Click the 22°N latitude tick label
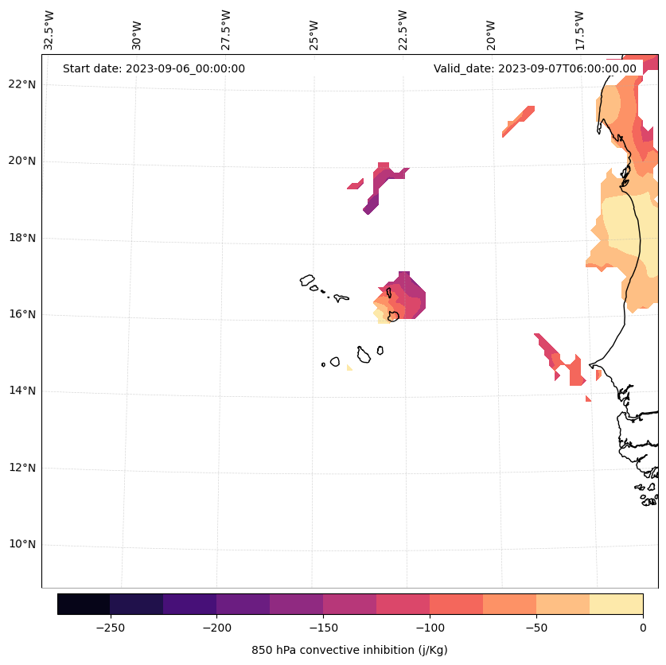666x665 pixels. point(22,84)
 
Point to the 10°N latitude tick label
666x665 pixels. point(22,545)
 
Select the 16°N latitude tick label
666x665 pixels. point(22,314)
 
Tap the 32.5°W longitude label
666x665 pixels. point(49,30)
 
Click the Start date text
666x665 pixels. point(154,68)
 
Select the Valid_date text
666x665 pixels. point(535,68)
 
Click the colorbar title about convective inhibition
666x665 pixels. point(349,650)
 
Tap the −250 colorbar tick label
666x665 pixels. point(110,627)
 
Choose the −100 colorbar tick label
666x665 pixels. point(430,627)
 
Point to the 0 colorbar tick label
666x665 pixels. point(643,627)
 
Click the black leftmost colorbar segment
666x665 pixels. point(84,604)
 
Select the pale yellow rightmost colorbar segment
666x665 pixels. point(616,604)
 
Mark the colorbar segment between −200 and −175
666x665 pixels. point(243,604)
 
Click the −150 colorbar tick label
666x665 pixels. point(323,627)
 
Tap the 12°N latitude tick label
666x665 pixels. point(22,468)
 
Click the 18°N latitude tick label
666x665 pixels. point(22,238)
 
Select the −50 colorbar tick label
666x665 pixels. point(536,627)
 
